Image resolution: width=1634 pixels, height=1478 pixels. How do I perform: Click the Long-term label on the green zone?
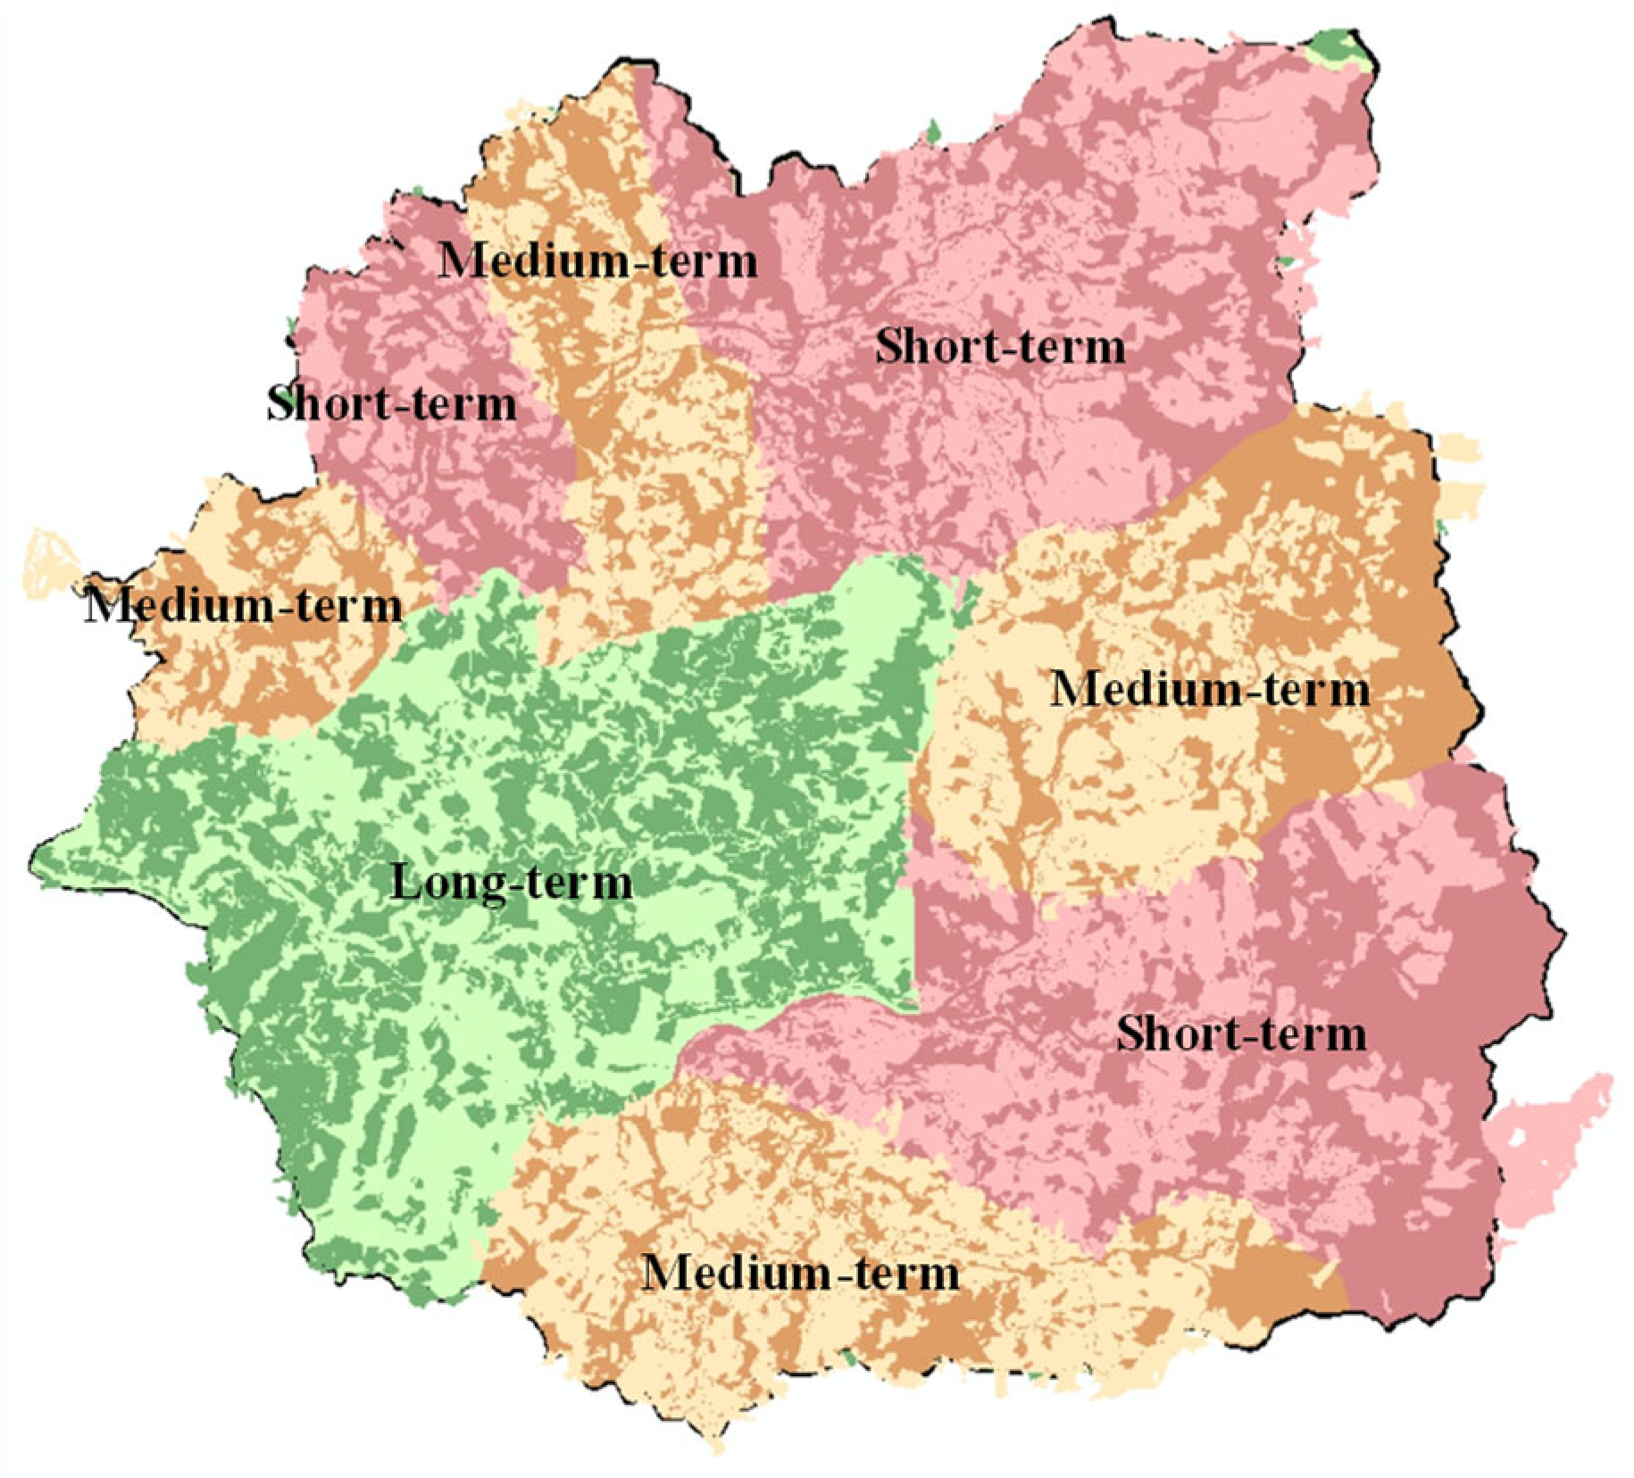tap(512, 884)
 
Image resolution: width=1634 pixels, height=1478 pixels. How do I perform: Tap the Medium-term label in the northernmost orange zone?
tap(598, 262)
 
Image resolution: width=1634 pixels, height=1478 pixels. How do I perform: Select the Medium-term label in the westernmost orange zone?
tap(243, 607)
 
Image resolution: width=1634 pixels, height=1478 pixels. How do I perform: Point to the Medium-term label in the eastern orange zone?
tap(1209, 690)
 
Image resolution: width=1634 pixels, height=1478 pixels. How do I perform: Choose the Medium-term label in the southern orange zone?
tap(801, 1272)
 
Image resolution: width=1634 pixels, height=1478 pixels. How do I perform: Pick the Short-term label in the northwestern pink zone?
tap(392, 404)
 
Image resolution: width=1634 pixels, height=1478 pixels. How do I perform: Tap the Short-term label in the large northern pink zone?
tap(1000, 346)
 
